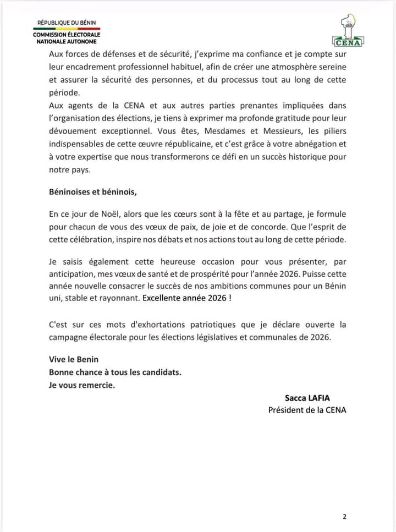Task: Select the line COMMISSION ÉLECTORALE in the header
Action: (67, 35)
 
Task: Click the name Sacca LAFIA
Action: (307, 397)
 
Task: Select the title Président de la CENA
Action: (307, 409)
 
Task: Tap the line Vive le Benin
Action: (74, 359)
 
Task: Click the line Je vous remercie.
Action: (82, 385)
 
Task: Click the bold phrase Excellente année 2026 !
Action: (186, 299)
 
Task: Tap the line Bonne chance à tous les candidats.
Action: (115, 372)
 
